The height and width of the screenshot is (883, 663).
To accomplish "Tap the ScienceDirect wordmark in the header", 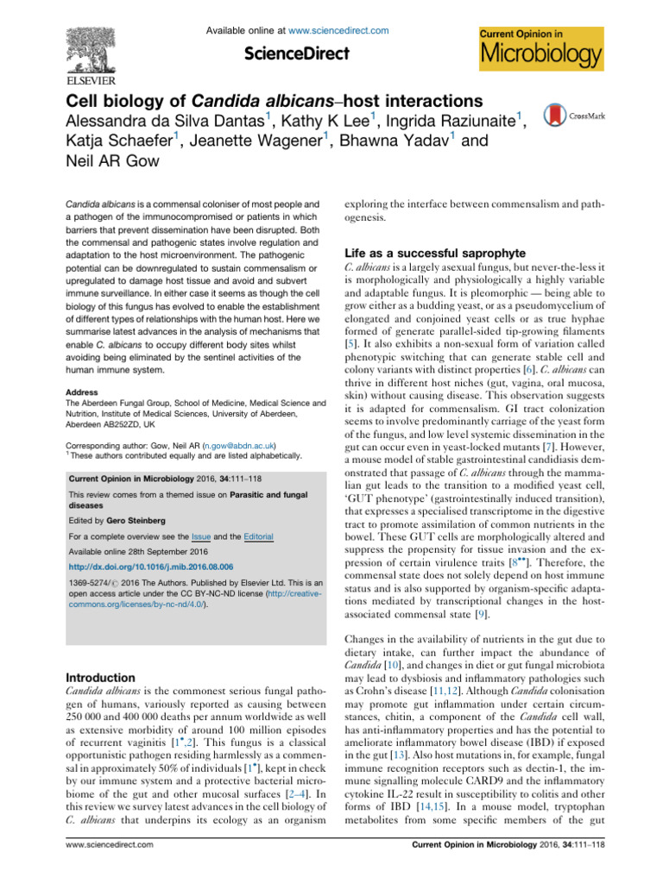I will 297,53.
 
